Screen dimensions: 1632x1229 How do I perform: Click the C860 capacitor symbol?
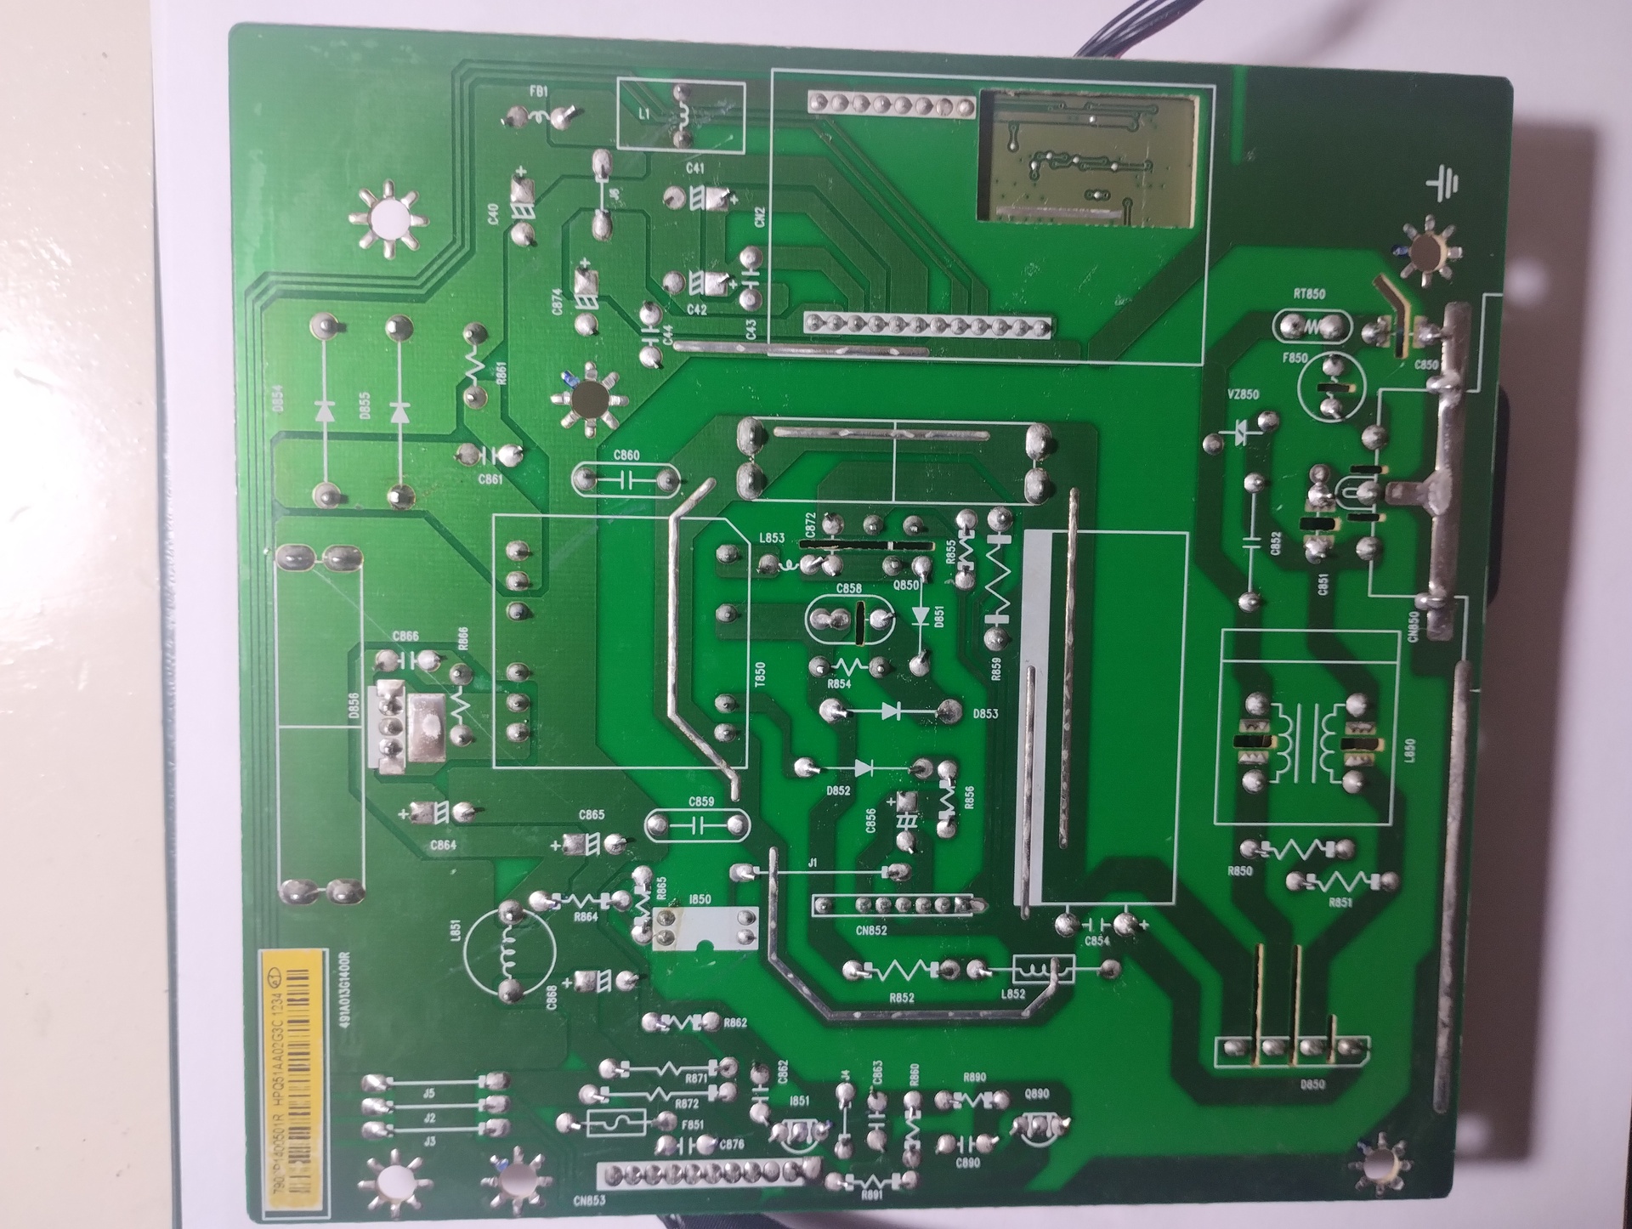(x=629, y=482)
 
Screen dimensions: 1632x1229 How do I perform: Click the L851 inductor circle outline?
(x=510, y=953)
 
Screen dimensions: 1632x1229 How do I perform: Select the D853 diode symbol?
(x=890, y=710)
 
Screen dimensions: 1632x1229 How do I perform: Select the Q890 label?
(x=1036, y=1095)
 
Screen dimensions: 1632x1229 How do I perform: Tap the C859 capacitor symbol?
(x=699, y=824)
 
